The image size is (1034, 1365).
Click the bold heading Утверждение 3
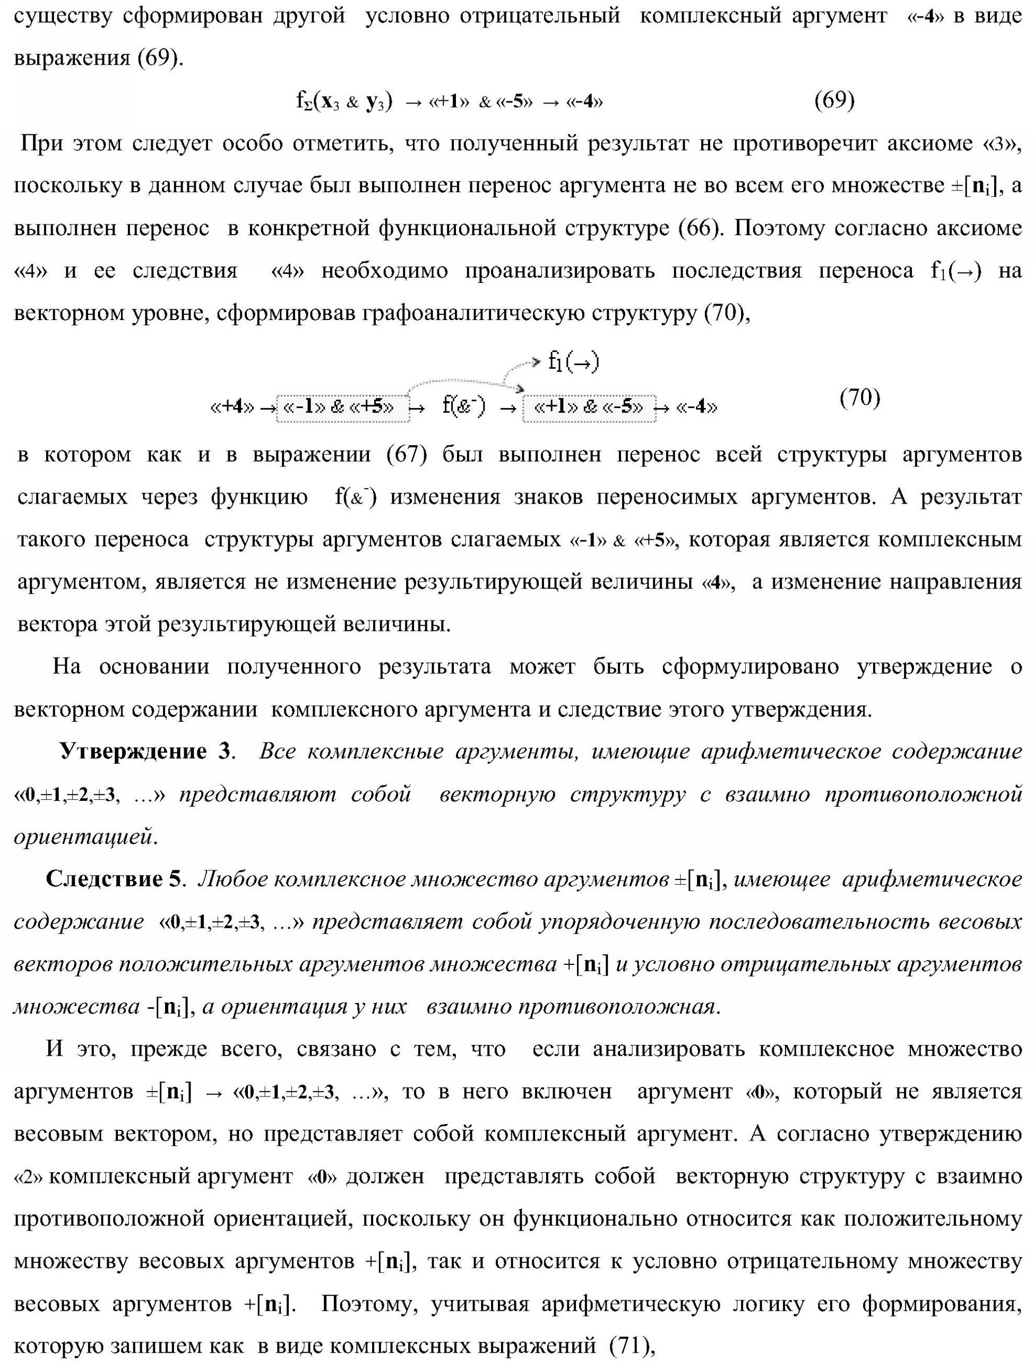click(145, 751)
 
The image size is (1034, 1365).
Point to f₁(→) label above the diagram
click(573, 362)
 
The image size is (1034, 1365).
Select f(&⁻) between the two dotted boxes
click(463, 406)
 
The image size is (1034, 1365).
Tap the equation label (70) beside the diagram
click(860, 398)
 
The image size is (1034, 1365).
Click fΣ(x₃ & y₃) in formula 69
click(344, 101)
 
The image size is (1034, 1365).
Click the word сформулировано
click(750, 667)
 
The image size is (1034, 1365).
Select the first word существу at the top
click(62, 15)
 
